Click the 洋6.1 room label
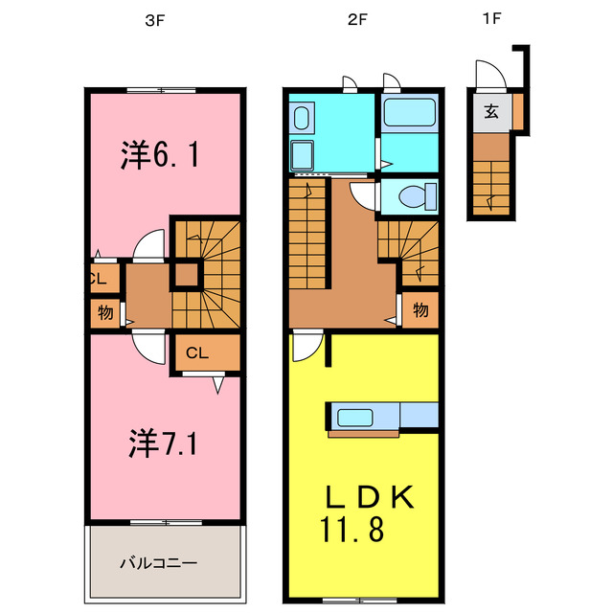pos(160,154)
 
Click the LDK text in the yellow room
pos(368,497)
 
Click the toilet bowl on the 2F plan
pos(412,198)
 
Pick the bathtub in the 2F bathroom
pos(409,115)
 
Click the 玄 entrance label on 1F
pos(490,111)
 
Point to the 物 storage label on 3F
pos(105,312)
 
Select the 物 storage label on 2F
pos(420,310)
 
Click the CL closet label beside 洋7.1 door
pos(196,352)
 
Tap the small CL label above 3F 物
pos(98,280)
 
